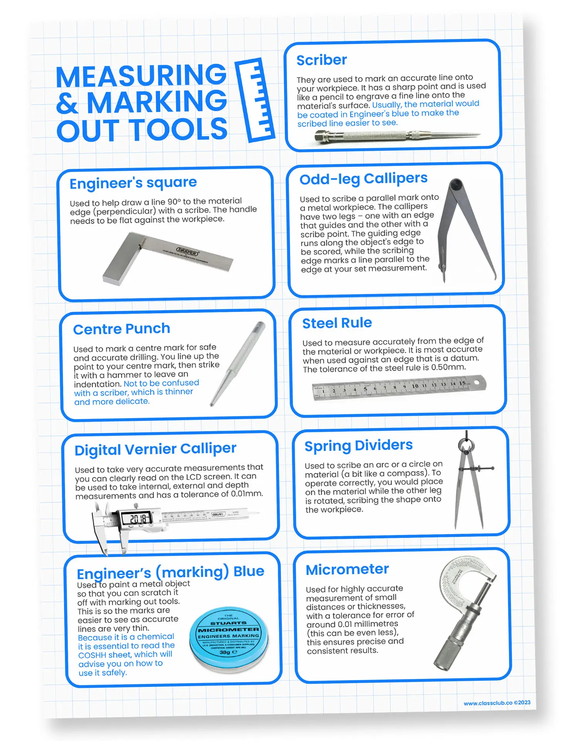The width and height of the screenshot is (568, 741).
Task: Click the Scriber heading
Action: [x=321, y=60]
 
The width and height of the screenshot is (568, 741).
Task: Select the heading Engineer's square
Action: [x=133, y=183]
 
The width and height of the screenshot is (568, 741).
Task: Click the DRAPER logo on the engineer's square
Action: [x=188, y=252]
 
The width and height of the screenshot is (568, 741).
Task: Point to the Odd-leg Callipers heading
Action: [x=363, y=179]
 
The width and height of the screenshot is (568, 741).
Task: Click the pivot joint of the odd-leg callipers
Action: [x=456, y=184]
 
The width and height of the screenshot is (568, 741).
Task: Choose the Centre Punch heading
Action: [x=122, y=329]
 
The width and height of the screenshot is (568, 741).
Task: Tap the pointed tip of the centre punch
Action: [x=212, y=404]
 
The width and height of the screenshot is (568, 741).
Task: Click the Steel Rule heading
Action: [x=337, y=323]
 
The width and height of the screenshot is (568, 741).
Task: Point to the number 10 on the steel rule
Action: [x=415, y=386]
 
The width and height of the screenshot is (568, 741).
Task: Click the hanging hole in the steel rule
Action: [x=477, y=382]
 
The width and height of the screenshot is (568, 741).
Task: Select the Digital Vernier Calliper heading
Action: [x=155, y=449]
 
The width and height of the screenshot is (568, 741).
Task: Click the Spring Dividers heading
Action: [x=358, y=445]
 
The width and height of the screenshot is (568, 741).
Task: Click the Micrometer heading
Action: [x=347, y=569]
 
